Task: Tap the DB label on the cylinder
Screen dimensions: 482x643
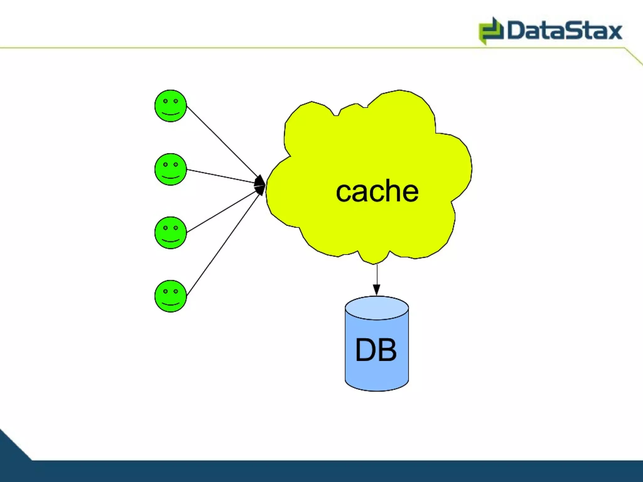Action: point(376,350)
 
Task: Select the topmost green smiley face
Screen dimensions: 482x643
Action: point(170,106)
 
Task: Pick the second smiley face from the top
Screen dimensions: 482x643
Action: point(170,169)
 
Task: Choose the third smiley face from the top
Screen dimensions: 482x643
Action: point(170,233)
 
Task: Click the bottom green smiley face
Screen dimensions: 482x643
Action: point(170,296)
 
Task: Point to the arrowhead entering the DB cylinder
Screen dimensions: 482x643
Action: point(377,290)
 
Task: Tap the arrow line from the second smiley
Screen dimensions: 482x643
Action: point(220,176)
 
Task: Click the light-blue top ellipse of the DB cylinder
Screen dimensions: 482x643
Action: point(377,308)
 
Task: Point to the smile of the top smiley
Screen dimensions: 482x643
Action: point(170,114)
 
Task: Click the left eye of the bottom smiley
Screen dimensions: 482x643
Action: point(165,291)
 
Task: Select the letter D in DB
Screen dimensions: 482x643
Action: point(365,350)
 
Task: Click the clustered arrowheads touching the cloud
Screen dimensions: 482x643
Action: point(260,185)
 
